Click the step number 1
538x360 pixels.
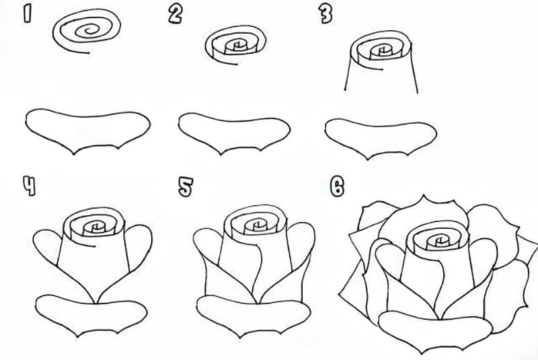(x=27, y=15)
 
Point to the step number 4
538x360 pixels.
(x=29, y=186)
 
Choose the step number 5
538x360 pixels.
(x=186, y=187)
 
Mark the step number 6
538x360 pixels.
(x=338, y=186)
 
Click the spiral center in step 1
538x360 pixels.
(x=90, y=30)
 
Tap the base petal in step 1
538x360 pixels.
(x=88, y=131)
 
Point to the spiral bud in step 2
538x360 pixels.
(x=236, y=45)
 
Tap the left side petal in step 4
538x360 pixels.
(x=46, y=246)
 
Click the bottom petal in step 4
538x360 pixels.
(x=91, y=315)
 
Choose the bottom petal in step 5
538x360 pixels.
(x=254, y=316)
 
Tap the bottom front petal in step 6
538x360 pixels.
(x=435, y=330)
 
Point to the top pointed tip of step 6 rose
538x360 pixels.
(x=424, y=195)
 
